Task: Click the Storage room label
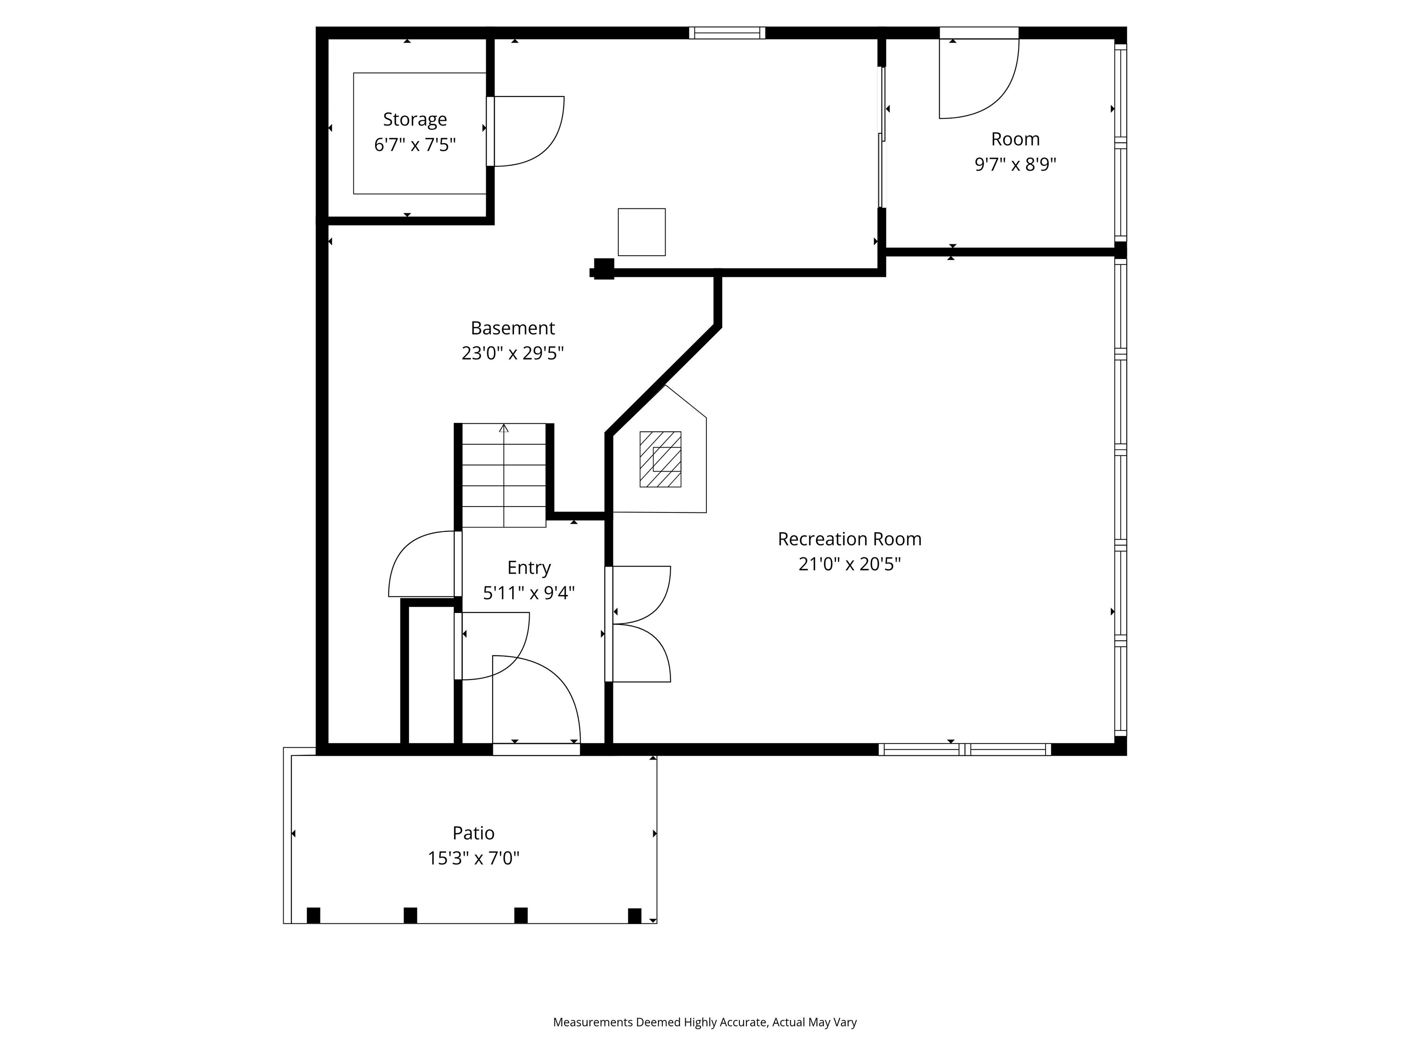click(414, 119)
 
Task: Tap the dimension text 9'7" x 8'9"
click(1015, 164)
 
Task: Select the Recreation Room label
click(849, 539)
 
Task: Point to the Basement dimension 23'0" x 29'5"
click(513, 353)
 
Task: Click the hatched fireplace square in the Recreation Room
click(660, 459)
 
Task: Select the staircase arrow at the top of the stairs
click(504, 428)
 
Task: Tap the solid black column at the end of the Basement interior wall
click(603, 269)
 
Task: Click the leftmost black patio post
click(313, 915)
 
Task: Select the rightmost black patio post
click(634, 915)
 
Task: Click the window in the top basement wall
click(727, 33)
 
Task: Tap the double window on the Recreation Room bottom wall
click(964, 749)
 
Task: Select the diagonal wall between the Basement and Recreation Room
click(663, 379)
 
